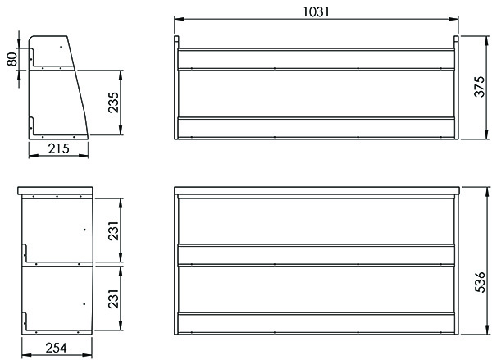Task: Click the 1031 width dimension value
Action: (317, 11)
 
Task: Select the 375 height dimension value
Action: (479, 87)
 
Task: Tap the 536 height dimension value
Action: (480, 282)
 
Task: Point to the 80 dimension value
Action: (12, 59)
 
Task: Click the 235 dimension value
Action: (113, 103)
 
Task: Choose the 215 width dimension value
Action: (59, 148)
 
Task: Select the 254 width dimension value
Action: (57, 348)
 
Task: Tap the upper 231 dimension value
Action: (113, 230)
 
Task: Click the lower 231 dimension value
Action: (113, 298)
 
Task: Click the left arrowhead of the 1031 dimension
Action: (179, 19)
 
